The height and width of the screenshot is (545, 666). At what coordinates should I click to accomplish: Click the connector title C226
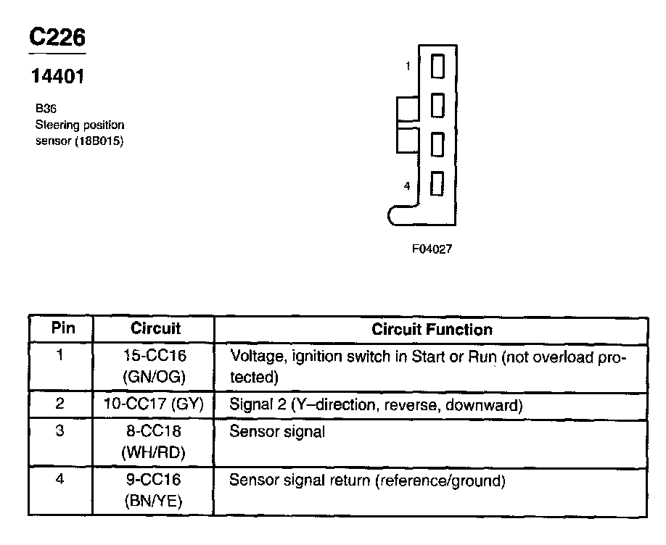pyautogui.click(x=57, y=38)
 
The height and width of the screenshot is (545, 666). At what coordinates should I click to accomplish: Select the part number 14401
pyautogui.click(x=57, y=76)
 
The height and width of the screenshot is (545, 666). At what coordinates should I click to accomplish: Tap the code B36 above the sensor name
pyautogui.click(x=46, y=109)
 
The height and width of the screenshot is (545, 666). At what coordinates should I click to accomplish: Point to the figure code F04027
pyautogui.click(x=432, y=249)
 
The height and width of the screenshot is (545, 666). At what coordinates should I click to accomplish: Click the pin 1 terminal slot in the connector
pyautogui.click(x=437, y=67)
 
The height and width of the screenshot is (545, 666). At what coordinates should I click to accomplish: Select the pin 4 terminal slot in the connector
pyautogui.click(x=437, y=183)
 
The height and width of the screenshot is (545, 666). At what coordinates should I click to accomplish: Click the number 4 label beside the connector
pyautogui.click(x=407, y=186)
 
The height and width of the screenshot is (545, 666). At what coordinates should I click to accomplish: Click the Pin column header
pyautogui.click(x=62, y=328)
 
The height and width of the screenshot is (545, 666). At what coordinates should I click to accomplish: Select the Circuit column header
pyautogui.click(x=155, y=328)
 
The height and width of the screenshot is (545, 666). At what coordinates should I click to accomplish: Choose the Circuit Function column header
pyautogui.click(x=432, y=330)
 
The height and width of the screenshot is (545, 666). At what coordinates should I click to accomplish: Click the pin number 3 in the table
pyautogui.click(x=61, y=431)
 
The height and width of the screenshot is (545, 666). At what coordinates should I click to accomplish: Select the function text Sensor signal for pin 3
pyautogui.click(x=276, y=432)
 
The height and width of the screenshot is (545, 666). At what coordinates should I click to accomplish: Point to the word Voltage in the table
pyautogui.click(x=254, y=357)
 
